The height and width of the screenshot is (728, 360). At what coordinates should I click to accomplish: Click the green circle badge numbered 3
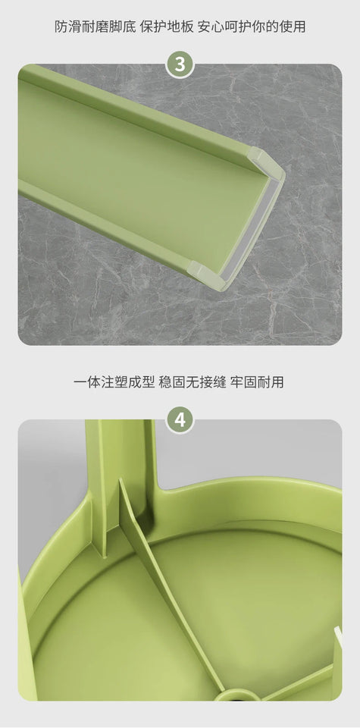click(180, 64)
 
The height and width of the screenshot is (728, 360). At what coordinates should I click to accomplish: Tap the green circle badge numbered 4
click(180, 419)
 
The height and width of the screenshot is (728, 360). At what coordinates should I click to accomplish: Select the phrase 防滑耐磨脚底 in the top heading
click(95, 27)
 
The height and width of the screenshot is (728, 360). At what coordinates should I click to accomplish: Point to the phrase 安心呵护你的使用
click(252, 27)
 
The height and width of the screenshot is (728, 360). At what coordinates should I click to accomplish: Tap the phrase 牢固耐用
click(256, 382)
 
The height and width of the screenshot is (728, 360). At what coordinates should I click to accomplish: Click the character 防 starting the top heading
click(61, 27)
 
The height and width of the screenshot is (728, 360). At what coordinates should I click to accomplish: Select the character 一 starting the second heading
click(80, 382)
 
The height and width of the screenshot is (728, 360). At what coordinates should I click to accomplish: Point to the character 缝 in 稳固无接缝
click(219, 382)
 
